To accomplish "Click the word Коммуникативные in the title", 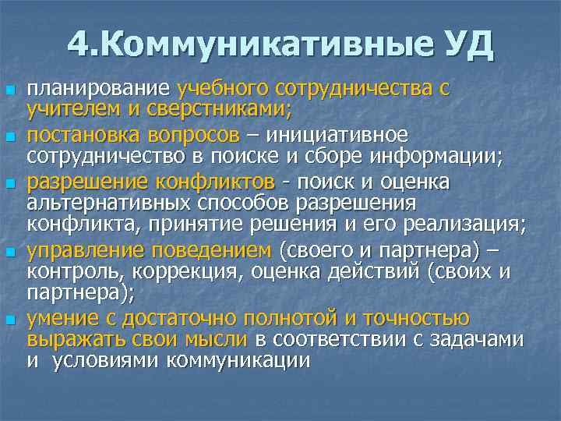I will tap(262, 44).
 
